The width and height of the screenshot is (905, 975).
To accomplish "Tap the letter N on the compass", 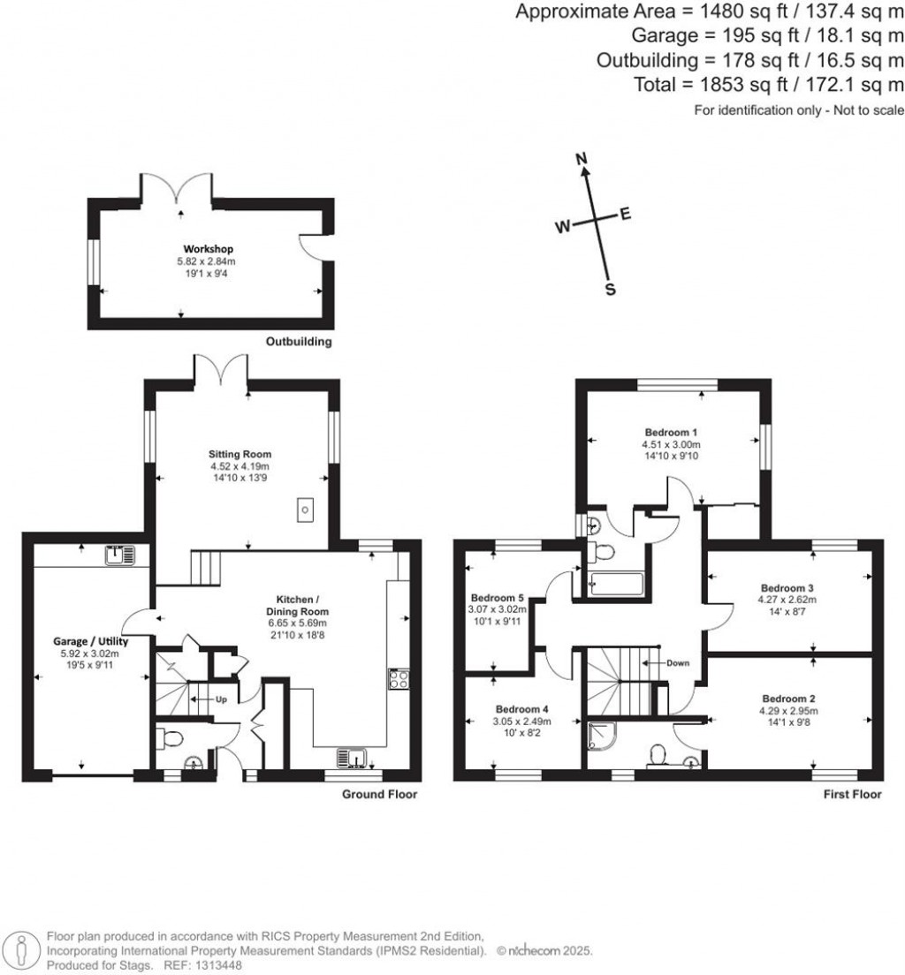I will [582, 159].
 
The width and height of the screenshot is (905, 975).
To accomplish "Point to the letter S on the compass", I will [609, 289].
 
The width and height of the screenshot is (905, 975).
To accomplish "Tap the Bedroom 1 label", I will [672, 432].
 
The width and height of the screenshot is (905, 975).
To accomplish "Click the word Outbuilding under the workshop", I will [299, 342].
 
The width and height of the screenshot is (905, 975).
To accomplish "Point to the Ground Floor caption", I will [379, 794].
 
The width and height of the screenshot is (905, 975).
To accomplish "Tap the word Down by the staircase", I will [679, 662].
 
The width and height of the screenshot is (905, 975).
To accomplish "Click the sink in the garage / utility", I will [118, 556].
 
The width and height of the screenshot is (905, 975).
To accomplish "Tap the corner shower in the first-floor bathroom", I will [599, 734].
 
